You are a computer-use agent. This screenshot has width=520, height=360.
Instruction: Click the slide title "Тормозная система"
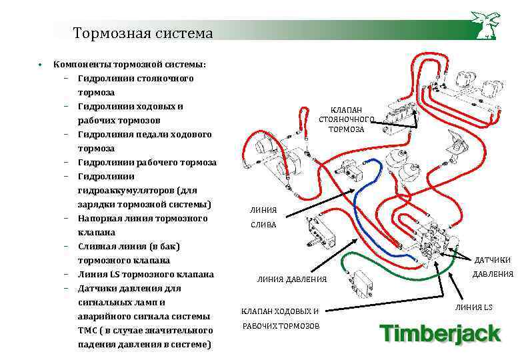(143, 33)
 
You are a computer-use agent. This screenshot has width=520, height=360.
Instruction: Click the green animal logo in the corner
(485, 25)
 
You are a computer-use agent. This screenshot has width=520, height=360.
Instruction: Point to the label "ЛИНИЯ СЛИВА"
(263, 217)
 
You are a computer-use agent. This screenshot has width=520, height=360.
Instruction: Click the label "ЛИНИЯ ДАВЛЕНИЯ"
(292, 279)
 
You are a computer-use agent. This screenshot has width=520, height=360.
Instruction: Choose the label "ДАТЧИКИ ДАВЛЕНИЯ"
(493, 267)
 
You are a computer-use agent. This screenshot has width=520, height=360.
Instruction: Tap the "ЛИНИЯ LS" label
(473, 307)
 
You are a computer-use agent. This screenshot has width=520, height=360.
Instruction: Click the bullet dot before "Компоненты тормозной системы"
(41, 65)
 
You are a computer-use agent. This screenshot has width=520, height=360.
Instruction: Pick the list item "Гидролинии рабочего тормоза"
(147, 163)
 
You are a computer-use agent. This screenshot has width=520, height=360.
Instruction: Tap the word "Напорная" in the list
(99, 219)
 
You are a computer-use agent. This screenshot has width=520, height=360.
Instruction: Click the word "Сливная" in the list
(96, 247)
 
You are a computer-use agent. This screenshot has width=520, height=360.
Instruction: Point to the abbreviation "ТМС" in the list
(89, 331)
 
